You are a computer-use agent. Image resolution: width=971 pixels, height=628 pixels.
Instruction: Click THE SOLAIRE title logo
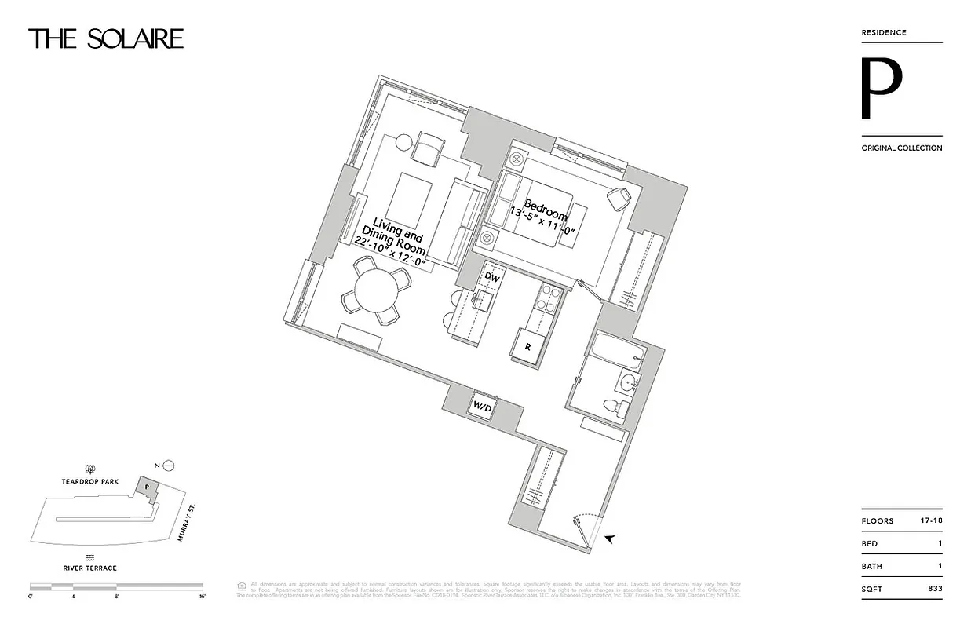coord(106,38)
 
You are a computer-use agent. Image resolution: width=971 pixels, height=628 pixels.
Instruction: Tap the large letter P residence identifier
coord(882,88)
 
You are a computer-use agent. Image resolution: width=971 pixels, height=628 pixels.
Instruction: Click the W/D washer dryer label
coord(481,406)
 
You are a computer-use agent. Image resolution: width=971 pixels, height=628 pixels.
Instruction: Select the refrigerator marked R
coord(527,345)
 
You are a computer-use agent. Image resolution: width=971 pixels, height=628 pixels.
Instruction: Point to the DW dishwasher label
coord(491,277)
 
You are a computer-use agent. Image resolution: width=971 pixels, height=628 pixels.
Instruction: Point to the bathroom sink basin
coord(626,384)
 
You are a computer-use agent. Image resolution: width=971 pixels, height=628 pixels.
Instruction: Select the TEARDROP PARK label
coord(90,482)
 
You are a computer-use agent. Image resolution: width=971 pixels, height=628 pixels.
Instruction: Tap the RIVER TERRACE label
coord(91,568)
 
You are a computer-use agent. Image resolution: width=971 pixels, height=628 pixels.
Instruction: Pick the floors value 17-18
coord(930,521)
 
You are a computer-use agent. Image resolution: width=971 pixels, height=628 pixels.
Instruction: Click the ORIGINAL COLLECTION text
coord(901,148)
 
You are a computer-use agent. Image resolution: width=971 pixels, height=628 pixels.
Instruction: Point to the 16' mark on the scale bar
coord(202,597)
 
